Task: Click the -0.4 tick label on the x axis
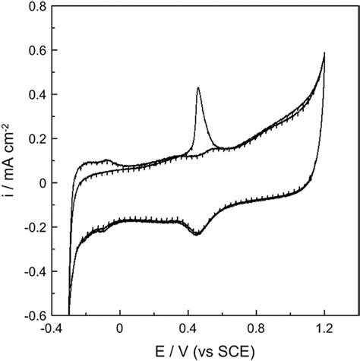tap(52, 330)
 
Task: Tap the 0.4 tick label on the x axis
tap(188, 330)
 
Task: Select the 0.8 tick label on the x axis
tap(256, 330)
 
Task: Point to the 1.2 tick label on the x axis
tap(324, 330)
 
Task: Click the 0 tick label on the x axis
tap(120, 330)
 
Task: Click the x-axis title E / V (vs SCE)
tap(202, 351)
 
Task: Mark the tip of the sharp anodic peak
tap(198, 87)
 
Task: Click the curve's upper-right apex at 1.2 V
tap(325, 53)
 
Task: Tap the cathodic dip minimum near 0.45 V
tap(197, 234)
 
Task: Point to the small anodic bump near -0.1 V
tap(106, 160)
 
